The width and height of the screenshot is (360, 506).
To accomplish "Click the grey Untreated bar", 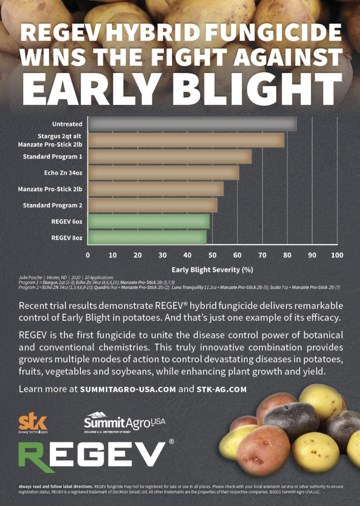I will [x=192, y=124].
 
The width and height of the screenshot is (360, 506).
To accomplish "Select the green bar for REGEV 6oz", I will [x=148, y=221].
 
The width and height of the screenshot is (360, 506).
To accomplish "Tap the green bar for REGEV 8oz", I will [x=147, y=238].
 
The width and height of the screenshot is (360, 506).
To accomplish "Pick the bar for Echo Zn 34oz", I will [x=163, y=173].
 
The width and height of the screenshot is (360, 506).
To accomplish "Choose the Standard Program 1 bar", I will [x=170, y=157].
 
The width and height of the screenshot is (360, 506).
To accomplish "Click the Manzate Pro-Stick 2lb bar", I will [x=155, y=189].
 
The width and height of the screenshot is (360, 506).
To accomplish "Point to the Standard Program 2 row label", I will [x=52, y=205].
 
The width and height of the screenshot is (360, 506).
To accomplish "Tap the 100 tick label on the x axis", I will [x=337, y=255].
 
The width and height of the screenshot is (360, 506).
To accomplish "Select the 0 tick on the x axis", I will [x=88, y=255].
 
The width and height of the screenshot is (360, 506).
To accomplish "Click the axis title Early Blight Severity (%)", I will [x=212, y=270].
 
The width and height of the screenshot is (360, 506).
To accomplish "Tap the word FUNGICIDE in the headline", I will [x=270, y=33].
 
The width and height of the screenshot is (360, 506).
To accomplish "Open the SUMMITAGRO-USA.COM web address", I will [x=128, y=389].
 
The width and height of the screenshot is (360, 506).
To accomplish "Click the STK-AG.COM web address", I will [x=222, y=389].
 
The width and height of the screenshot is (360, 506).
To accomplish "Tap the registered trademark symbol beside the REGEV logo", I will [x=171, y=441].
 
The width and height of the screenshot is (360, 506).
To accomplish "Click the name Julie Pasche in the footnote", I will [x=28, y=277].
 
